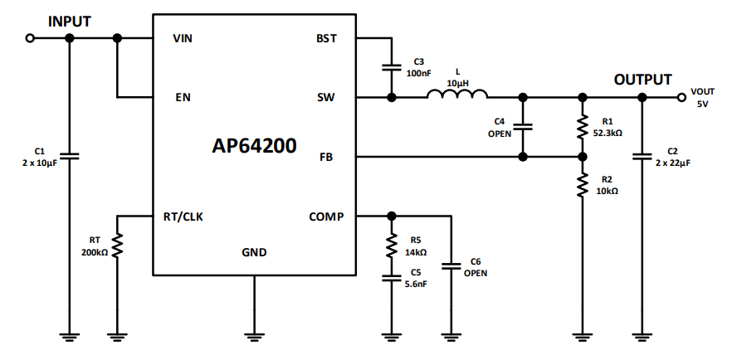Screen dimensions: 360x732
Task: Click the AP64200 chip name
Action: (x=254, y=146)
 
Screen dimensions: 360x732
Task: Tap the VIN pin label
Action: (x=183, y=39)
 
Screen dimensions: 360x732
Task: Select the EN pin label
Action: (x=183, y=97)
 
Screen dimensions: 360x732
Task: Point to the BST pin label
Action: (x=326, y=39)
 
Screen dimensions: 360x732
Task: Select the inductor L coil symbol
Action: (x=457, y=95)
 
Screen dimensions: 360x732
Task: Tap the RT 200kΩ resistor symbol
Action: (x=118, y=246)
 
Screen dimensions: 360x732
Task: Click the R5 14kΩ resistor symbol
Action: (x=390, y=246)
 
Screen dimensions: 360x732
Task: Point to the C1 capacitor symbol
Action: (x=69, y=155)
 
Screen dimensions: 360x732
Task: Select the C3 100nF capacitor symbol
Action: (x=390, y=68)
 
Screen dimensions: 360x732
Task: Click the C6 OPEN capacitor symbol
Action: (x=451, y=266)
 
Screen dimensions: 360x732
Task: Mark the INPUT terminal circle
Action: (x=31, y=38)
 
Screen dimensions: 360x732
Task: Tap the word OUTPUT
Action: (x=642, y=80)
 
